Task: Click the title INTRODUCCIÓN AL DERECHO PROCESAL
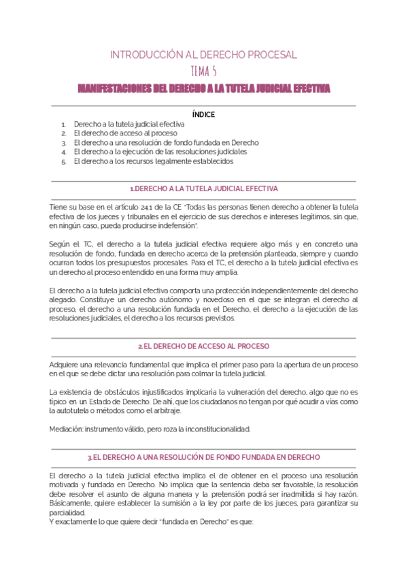pos(203,54)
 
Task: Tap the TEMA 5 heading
pos(204,71)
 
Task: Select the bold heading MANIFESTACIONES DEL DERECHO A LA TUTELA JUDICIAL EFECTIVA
pos(204,88)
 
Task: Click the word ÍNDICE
pos(203,114)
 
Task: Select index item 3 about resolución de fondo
pos(166,144)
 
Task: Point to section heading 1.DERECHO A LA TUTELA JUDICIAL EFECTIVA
pos(203,188)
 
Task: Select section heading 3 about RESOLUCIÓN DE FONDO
pos(203,457)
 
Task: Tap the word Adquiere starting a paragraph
pos(66,365)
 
